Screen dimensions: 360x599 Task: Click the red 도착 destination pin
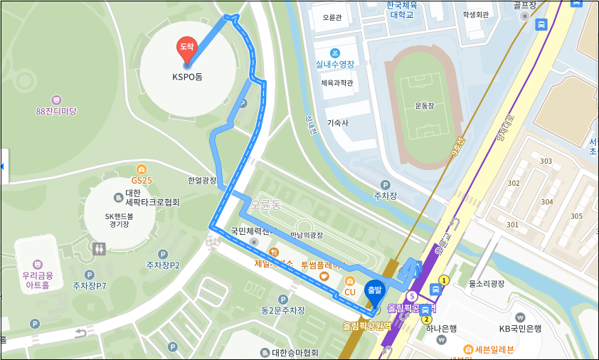point(186,48)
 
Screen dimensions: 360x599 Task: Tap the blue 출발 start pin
point(373,290)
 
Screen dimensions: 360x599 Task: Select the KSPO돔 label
point(187,77)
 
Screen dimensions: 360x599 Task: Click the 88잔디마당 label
point(56,112)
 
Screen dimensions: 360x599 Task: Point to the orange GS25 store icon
point(142,169)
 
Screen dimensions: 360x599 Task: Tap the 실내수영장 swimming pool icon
point(336,53)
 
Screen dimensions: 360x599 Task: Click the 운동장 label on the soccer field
point(424,105)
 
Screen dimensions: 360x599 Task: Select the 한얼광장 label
point(201,181)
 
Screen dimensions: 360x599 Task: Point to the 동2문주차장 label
point(282,310)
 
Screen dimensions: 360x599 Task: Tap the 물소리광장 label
point(487,283)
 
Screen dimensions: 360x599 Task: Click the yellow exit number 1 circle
point(445,280)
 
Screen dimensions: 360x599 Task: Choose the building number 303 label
point(546,162)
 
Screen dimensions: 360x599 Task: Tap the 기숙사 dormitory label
point(337,122)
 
